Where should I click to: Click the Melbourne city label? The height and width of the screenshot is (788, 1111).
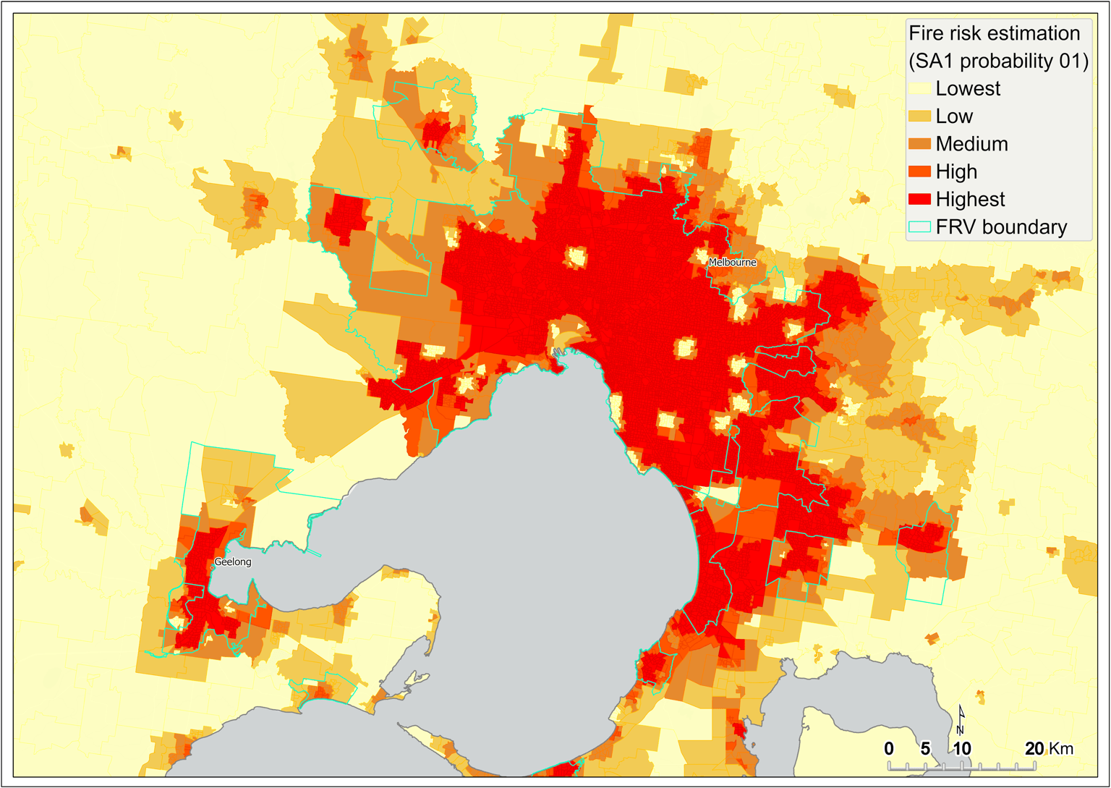pos(732,262)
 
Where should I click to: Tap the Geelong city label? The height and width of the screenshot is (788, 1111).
pos(233,562)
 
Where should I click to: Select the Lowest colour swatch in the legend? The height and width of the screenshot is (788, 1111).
pos(919,88)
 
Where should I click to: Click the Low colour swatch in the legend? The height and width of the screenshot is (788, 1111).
pos(919,116)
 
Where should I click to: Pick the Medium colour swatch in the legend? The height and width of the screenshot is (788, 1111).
pos(919,144)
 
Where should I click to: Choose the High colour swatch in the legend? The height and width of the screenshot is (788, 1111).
pos(919,171)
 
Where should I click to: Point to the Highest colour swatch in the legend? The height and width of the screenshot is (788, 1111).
pos(919,199)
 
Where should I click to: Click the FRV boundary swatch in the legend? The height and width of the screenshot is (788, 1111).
pos(919,226)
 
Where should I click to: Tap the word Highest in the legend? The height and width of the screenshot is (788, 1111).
pos(970,199)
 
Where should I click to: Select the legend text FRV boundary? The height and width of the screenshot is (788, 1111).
pos(1001,227)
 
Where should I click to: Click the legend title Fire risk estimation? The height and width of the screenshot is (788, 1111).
pos(994,33)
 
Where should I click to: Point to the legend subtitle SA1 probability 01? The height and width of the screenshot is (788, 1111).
pos(998,61)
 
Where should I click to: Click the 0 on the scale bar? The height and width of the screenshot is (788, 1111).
pos(889,749)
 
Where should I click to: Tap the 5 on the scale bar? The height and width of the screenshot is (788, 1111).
pos(925,749)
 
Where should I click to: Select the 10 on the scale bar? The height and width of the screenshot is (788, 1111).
pos(961,749)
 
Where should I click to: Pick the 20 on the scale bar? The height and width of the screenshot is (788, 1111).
pos(1034,749)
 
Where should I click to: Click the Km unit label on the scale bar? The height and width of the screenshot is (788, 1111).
pos(1062,749)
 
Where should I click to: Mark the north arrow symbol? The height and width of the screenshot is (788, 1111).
pos(961,719)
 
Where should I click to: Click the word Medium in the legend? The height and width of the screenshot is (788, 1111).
pos(971,144)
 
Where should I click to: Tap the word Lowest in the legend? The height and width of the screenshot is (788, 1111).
pos(968,88)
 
